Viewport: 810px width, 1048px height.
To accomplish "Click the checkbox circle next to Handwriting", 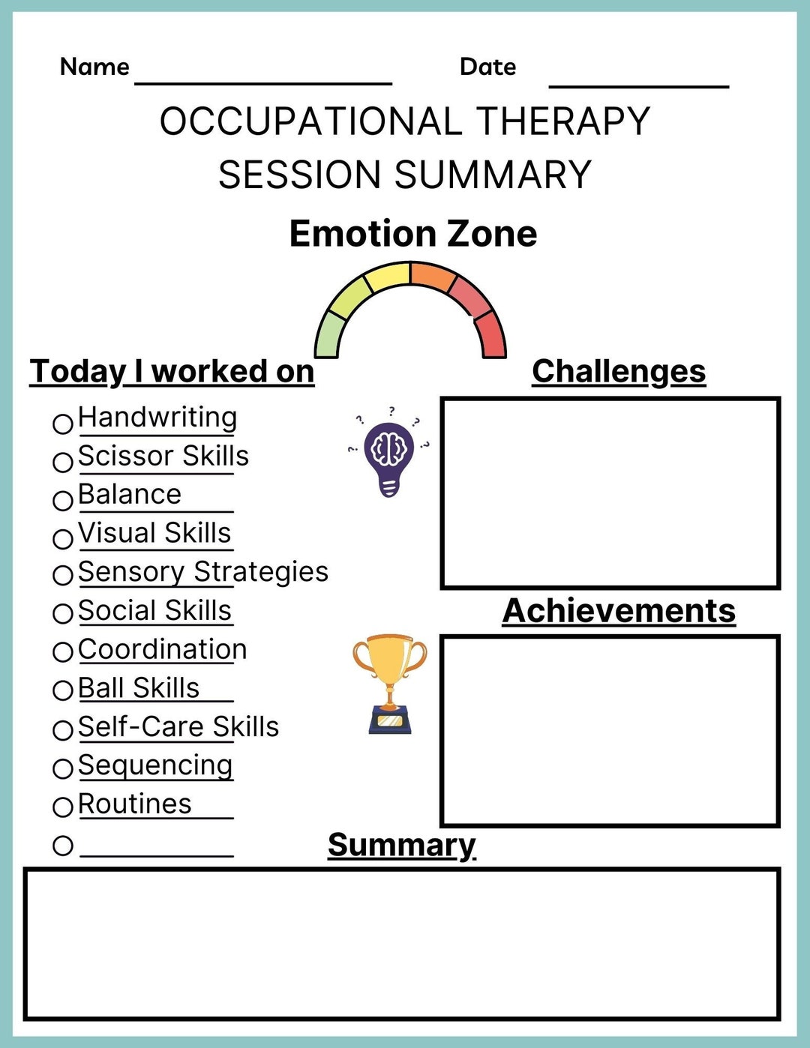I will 63,424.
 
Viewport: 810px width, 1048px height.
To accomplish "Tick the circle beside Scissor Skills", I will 63,462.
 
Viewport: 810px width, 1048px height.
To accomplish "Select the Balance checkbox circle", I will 63,500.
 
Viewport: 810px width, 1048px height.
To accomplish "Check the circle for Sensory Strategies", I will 63,576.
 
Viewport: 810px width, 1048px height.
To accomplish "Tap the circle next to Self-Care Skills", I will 63,729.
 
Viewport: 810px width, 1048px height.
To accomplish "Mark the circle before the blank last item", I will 63,846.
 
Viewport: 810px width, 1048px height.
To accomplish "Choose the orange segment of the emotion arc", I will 433,276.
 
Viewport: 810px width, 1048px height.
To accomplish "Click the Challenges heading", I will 619,372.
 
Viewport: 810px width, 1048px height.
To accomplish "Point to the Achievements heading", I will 619,611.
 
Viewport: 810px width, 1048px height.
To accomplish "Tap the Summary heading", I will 402,845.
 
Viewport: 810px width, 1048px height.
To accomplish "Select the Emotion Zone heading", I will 413,233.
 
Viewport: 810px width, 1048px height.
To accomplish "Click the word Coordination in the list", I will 162,649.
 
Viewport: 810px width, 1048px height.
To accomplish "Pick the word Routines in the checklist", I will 135,804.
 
